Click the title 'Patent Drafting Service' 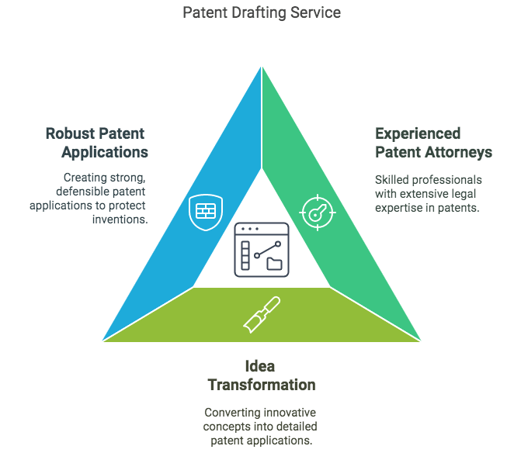(x=262, y=13)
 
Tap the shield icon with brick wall (x=206, y=213)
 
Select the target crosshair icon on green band (x=318, y=213)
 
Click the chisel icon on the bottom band (x=262, y=314)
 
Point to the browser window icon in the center (x=262, y=250)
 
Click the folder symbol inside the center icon (x=274, y=264)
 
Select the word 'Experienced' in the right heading (x=418, y=133)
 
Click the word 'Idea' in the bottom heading (x=260, y=366)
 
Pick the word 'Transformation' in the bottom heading (x=262, y=385)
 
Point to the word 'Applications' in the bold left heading (x=105, y=152)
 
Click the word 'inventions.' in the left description (x=120, y=220)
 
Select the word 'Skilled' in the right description (x=391, y=180)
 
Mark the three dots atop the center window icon (x=250, y=229)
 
